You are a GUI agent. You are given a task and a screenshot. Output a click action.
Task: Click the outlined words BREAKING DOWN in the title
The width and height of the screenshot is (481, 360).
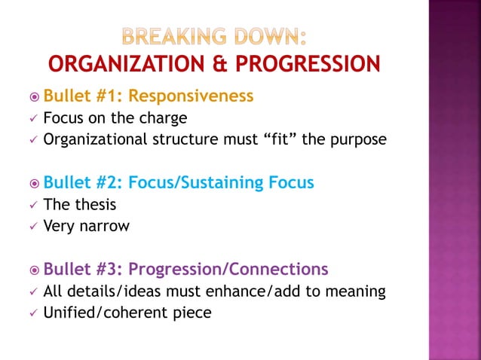pyautogui.click(x=214, y=36)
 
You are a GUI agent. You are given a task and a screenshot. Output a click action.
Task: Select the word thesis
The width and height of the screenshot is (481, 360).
pyautogui.click(x=93, y=203)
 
